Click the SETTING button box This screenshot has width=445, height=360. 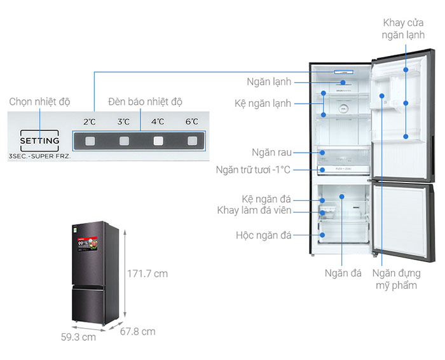40,140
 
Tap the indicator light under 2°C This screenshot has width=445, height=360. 90,141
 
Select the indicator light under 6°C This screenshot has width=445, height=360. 191,141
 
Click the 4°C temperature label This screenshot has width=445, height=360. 157,121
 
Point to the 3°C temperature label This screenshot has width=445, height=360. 123,121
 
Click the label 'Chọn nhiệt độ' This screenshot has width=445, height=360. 39,102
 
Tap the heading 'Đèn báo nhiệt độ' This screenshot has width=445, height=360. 145,102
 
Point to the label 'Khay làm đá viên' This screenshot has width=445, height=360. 254,211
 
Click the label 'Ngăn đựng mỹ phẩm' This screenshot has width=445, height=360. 395,279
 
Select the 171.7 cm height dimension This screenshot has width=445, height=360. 147,273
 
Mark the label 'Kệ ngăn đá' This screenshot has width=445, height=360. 266,198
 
